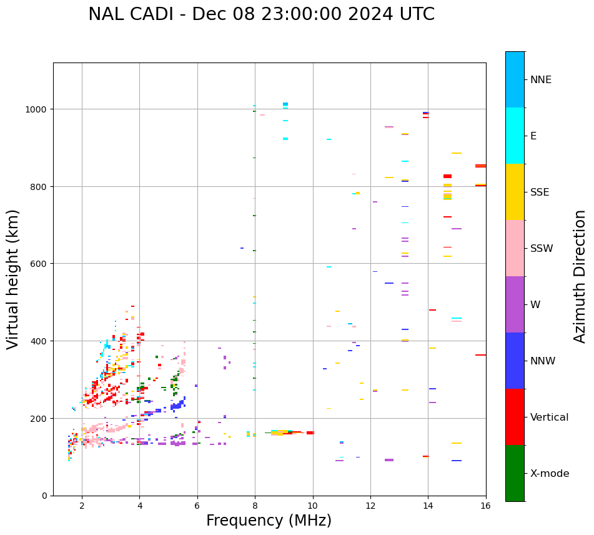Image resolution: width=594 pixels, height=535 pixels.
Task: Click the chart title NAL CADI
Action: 261,14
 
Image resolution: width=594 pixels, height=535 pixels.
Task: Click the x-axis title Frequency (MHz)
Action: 269,521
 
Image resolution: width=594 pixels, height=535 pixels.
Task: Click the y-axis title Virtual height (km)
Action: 14,279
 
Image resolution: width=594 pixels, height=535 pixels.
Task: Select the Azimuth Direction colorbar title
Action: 580,276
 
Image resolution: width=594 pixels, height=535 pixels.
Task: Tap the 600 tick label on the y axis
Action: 41,264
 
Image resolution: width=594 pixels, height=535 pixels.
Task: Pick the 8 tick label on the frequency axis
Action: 255,507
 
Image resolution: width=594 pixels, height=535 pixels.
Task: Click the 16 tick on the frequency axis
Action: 485,507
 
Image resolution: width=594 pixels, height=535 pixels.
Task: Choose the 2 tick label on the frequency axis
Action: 82,507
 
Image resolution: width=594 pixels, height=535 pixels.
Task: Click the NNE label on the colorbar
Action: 541,80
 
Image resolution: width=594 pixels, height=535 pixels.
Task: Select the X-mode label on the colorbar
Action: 550,474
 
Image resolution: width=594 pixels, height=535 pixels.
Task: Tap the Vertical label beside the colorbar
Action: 550,417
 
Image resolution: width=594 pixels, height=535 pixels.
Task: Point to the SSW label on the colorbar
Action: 542,249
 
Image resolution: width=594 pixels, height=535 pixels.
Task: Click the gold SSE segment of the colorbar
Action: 515,192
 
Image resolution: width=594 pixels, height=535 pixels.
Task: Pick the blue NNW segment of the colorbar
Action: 515,361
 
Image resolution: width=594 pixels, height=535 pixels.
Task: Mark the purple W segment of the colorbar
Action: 515,304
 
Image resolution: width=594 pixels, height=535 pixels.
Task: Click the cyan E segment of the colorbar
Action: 515,136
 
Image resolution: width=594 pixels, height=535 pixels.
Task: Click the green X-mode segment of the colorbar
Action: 515,473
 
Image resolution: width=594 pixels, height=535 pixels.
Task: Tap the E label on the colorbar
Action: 533,136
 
